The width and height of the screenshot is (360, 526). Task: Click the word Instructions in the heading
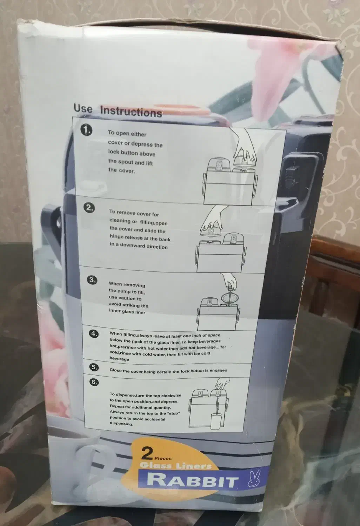[131, 111]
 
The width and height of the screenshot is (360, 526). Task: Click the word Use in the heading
[83, 108]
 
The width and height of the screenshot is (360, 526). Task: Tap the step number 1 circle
[86, 130]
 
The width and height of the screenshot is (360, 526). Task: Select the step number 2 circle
[89, 208]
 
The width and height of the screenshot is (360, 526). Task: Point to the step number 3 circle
[92, 280]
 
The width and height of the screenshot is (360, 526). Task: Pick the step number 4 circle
[94, 334]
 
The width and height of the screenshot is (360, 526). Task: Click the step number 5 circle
[94, 367]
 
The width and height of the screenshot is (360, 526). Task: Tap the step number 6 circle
[94, 382]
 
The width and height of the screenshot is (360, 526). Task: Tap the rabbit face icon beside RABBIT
[254, 478]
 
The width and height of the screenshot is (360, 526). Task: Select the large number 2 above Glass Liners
[147, 453]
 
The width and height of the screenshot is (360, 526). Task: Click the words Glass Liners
[175, 466]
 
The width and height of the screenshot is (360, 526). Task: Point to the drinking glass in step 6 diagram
[216, 422]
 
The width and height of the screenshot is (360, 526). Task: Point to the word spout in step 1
[126, 162]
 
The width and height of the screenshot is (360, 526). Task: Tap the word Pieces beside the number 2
[163, 458]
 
